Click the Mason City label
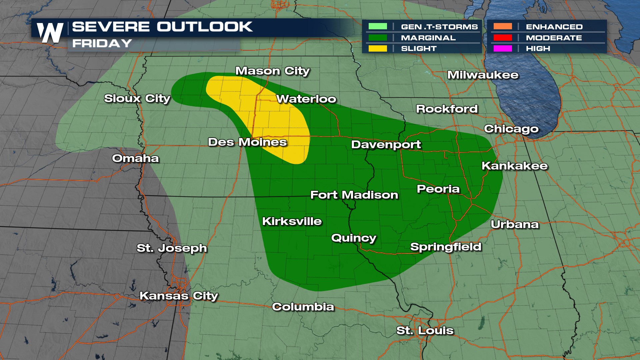(x=272, y=71)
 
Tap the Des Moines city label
(x=247, y=142)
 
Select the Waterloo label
(x=306, y=99)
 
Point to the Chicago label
(x=511, y=129)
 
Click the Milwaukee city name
(x=483, y=75)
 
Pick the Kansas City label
(x=179, y=296)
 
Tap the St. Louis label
(x=425, y=331)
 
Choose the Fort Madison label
(x=354, y=195)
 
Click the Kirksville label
(x=292, y=221)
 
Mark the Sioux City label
(x=137, y=99)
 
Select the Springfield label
(x=445, y=247)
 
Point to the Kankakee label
(x=514, y=166)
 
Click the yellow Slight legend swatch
(x=378, y=49)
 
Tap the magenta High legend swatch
(x=503, y=49)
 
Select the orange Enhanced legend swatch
(x=503, y=26)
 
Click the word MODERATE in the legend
(x=554, y=38)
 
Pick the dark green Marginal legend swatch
(x=378, y=38)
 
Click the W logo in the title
(x=50, y=33)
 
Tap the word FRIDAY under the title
(x=102, y=44)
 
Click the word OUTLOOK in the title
(x=204, y=27)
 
